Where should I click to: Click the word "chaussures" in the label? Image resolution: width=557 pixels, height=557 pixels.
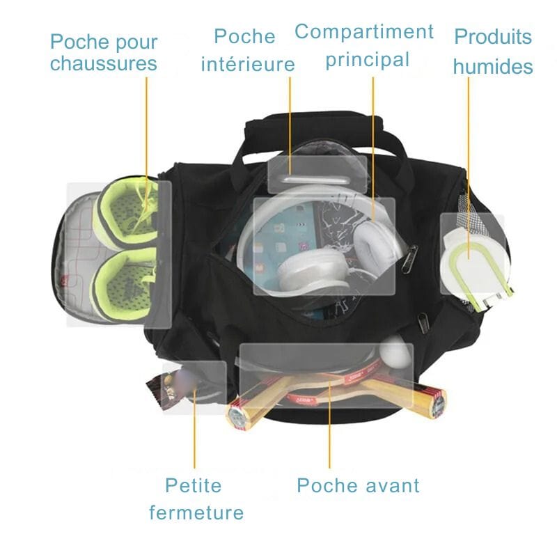click(103, 63)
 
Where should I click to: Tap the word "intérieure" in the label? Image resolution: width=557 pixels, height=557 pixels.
click(248, 64)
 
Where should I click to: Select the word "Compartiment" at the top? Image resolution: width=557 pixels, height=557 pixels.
click(364, 31)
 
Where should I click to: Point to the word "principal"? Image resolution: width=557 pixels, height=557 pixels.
click(368, 60)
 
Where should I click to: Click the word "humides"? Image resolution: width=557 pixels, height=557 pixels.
click(493, 66)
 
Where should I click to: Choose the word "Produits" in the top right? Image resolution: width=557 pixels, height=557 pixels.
click(493, 36)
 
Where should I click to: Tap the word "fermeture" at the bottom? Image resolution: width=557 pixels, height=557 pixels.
click(196, 512)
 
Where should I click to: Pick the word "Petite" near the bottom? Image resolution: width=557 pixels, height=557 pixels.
click(194, 485)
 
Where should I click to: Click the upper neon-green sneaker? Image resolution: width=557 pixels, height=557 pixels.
click(127, 212)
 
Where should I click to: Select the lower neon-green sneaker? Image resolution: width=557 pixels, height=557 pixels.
click(125, 284)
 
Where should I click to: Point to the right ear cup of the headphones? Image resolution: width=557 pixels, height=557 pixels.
click(375, 245)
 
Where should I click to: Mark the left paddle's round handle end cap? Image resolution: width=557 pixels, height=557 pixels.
click(235, 416)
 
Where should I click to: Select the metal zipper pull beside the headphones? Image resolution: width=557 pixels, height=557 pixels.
click(409, 259)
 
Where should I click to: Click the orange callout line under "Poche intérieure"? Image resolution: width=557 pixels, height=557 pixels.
click(290, 126)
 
